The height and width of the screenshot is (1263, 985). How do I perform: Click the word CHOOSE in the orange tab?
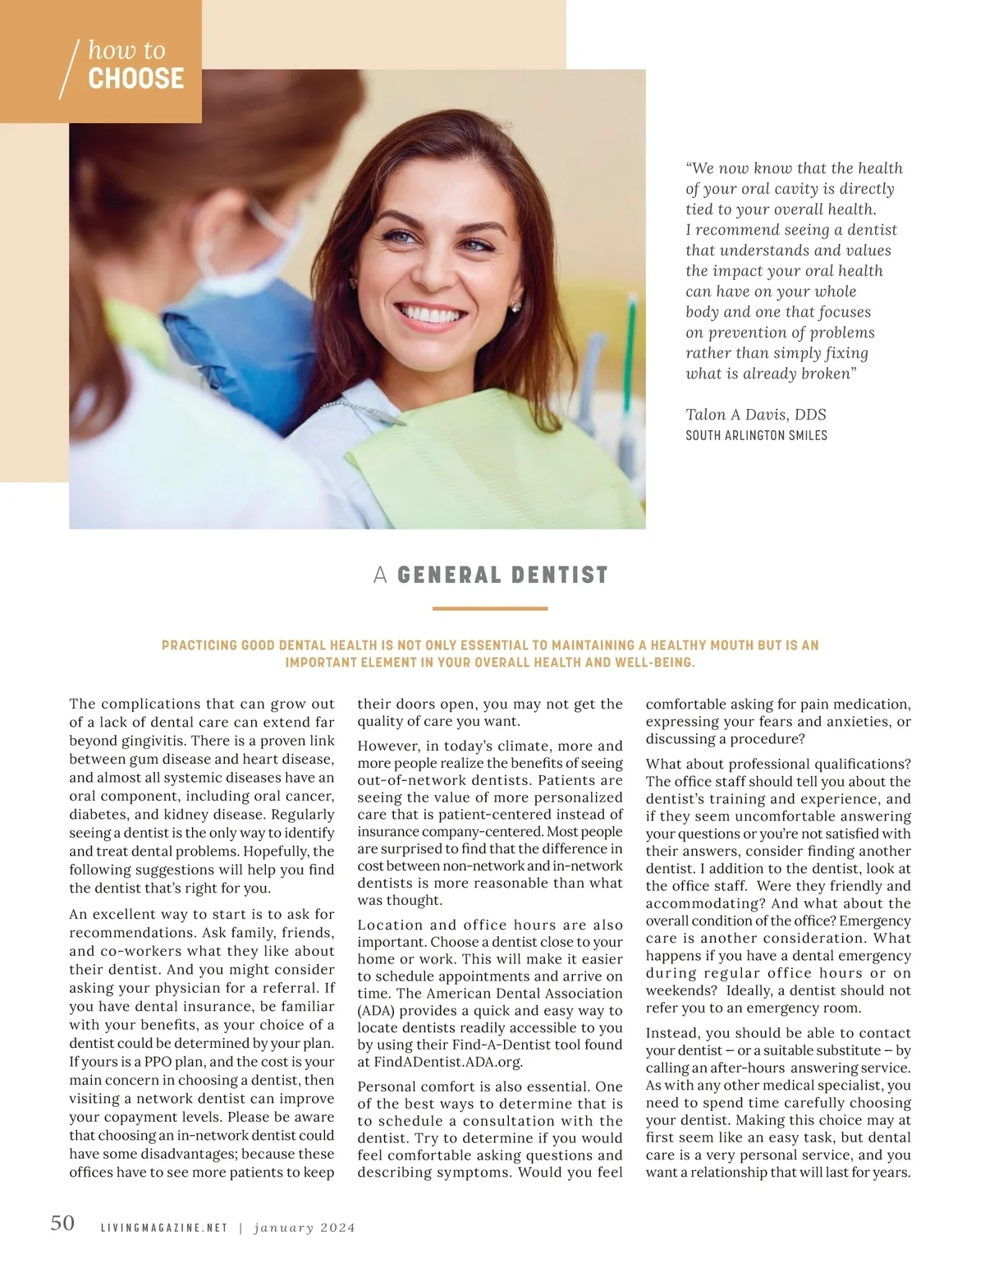[x=135, y=79]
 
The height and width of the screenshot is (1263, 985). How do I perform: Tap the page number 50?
[x=62, y=1223]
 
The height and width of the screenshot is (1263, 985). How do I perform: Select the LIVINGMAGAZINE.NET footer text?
[x=163, y=1228]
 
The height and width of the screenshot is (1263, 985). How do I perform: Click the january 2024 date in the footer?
[x=305, y=1228]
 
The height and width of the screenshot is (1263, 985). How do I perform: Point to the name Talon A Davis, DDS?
[x=755, y=415]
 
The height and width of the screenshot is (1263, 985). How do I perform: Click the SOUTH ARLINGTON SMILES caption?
[x=756, y=435]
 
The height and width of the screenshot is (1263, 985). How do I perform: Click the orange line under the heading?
[x=489, y=609]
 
